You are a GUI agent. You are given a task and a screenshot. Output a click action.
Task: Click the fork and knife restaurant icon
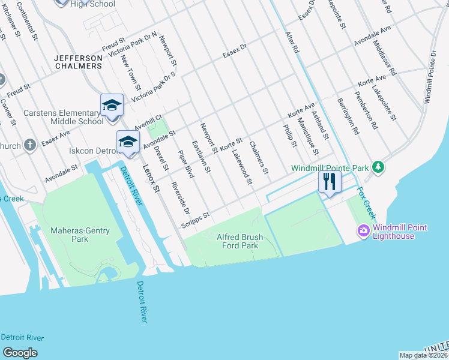329,181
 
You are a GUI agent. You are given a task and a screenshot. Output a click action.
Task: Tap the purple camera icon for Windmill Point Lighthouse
363,230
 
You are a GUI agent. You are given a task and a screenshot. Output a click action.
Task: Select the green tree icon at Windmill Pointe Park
378,167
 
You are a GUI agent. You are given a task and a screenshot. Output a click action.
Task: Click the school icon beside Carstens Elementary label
112,106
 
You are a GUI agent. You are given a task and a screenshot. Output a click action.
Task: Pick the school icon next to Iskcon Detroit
128,142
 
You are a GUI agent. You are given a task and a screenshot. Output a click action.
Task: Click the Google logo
20,353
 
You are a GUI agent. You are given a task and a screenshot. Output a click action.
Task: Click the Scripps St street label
195,220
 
